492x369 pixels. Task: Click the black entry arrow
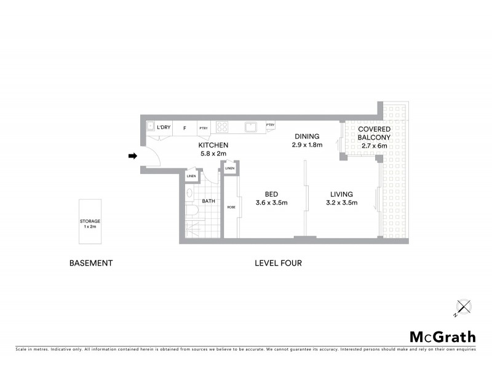pyautogui.click(x=132, y=156)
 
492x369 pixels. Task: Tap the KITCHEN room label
pyautogui.click(x=213, y=145)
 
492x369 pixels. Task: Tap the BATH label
pyautogui.click(x=208, y=200)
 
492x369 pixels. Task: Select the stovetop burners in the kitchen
pyautogui.click(x=223, y=127)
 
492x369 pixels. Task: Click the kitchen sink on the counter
pyautogui.click(x=250, y=127)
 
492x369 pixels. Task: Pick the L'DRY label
pyautogui.click(x=164, y=127)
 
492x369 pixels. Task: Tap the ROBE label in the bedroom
pyautogui.click(x=231, y=207)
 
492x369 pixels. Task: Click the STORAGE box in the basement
pyautogui.click(x=90, y=223)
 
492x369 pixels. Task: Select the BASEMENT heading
pyautogui.click(x=91, y=263)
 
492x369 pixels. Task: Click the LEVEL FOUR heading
pyautogui.click(x=278, y=263)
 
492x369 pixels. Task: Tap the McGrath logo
pyautogui.click(x=443, y=336)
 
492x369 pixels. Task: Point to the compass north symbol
pyautogui.click(x=462, y=307)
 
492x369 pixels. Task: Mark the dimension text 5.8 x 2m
pyautogui.click(x=213, y=154)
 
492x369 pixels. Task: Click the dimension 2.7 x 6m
pyautogui.click(x=375, y=146)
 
